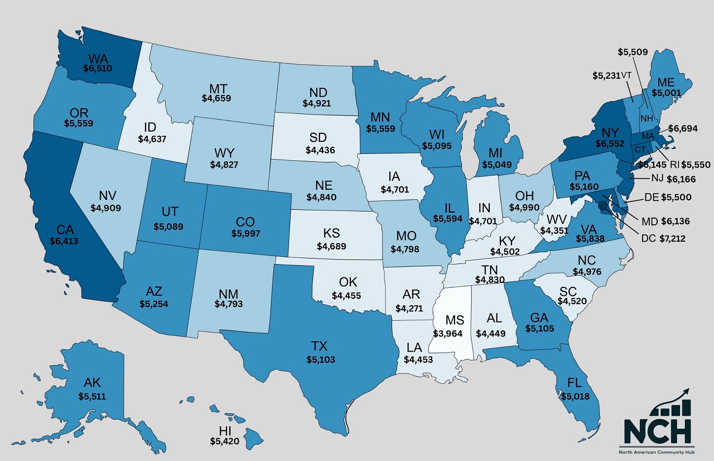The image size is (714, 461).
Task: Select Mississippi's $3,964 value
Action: point(448,333)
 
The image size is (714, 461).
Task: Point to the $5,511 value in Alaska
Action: point(92,396)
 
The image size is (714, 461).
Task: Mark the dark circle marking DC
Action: point(603,205)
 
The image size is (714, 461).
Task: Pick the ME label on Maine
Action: point(666,82)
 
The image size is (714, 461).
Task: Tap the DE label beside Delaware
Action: point(650,197)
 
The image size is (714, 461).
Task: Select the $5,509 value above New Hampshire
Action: point(633,52)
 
